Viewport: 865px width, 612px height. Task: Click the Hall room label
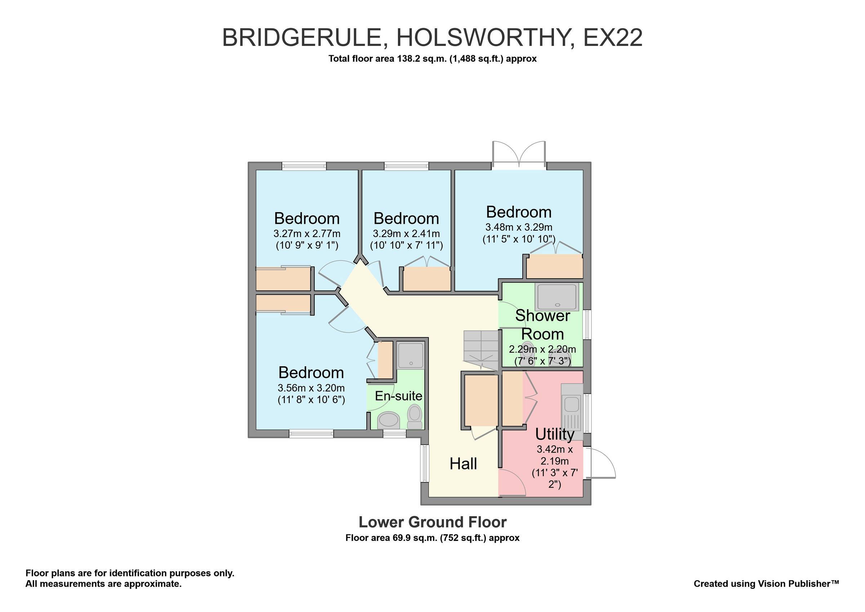463,464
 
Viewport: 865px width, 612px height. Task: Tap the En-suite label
398,396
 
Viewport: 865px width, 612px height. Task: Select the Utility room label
555,434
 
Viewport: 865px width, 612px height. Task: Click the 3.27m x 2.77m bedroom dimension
307,233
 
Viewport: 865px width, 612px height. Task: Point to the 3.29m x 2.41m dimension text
406,233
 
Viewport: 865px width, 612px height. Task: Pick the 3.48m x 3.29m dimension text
519,227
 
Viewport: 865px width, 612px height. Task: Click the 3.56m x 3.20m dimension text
311,388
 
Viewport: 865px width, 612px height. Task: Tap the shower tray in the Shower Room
556,297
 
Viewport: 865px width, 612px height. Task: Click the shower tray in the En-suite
411,355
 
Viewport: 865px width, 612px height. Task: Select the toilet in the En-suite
415,416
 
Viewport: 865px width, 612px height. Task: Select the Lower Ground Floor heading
432,522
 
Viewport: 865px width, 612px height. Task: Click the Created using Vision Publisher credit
766,584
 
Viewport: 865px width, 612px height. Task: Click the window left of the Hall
425,463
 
